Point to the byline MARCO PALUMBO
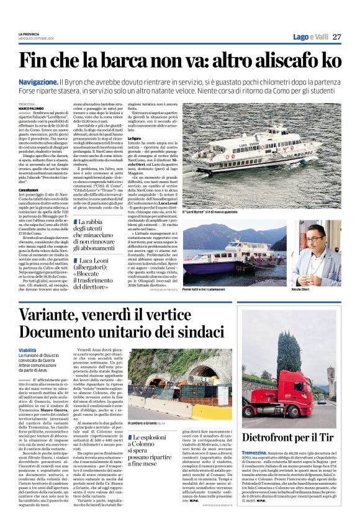(32, 107)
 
